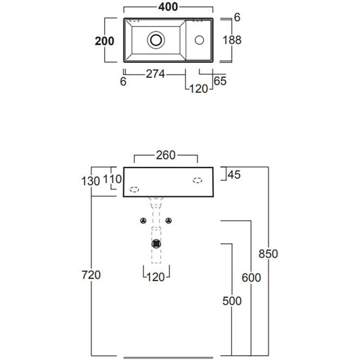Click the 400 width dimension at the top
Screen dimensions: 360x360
tap(168, 7)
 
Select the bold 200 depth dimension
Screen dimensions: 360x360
tap(105, 41)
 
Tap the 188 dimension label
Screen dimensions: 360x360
tap(232, 40)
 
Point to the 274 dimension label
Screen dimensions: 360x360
tap(156, 74)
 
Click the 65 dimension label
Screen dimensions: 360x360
tap(220, 81)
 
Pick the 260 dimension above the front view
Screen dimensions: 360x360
tap(166, 155)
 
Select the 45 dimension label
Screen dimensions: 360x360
tap(234, 175)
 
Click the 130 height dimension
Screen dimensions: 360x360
tap(91, 181)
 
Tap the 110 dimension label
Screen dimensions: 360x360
tap(112, 179)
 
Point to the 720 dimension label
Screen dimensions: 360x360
tap(91, 275)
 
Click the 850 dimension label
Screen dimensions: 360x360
tap(268, 254)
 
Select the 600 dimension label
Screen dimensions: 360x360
tap(252, 278)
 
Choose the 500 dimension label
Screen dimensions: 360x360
tap(232, 301)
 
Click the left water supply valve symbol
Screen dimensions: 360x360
tap(143, 221)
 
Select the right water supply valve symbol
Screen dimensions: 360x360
tap(169, 221)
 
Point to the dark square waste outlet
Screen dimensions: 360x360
tap(156, 244)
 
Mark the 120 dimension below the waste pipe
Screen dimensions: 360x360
tap(156, 278)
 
